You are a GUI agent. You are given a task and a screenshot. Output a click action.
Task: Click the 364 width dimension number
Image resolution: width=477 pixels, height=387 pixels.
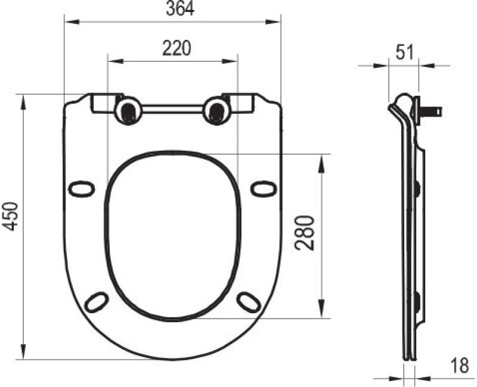point(180,8)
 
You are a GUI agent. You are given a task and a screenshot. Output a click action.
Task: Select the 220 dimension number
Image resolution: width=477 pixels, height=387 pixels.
point(176,48)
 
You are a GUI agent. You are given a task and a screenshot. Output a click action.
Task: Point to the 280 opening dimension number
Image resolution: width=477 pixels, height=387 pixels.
point(305,233)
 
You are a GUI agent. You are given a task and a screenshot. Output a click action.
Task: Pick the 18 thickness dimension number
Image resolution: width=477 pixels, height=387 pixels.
point(460,366)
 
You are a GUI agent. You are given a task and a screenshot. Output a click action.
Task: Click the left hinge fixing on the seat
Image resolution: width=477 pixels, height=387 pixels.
point(128,111)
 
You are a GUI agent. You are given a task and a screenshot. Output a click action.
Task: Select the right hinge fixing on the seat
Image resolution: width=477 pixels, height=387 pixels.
point(216,111)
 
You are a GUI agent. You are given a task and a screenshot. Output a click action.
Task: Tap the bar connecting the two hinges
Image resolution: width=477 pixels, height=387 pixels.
point(172,109)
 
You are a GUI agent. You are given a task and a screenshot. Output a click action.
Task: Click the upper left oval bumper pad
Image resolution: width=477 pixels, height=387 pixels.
point(82,189)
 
